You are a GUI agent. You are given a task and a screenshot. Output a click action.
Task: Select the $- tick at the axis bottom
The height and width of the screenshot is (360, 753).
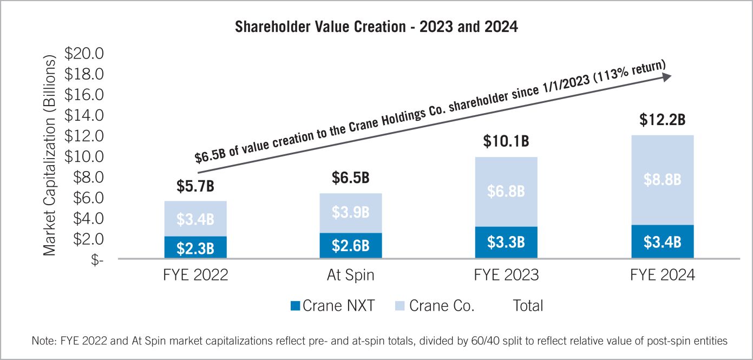[x=97, y=260]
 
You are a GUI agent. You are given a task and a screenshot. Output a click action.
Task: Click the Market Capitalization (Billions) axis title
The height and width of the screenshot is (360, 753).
[x=50, y=156]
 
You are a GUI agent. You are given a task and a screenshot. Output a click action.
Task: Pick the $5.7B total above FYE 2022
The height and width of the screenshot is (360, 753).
[x=195, y=187]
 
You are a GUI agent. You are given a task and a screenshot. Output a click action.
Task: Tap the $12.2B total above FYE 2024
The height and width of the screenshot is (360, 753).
[x=662, y=120]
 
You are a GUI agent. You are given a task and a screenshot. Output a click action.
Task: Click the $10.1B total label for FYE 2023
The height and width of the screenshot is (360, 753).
[x=506, y=142]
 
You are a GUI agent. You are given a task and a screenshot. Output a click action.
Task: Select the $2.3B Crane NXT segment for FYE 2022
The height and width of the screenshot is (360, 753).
[x=195, y=248]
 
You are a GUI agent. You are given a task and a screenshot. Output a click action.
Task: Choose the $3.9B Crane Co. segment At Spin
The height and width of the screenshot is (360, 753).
[x=351, y=213]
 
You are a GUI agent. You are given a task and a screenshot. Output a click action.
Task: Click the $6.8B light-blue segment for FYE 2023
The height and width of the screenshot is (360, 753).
[x=506, y=192]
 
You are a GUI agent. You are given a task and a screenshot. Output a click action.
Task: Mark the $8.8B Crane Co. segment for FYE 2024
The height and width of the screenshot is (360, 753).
[x=662, y=180]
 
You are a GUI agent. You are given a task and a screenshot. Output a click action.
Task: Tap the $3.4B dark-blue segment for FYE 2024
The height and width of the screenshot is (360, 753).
[x=662, y=242]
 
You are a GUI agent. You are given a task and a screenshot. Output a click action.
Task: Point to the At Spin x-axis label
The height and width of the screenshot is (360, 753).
[x=351, y=276]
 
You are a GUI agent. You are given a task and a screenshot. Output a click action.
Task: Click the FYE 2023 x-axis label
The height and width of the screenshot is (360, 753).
[x=506, y=276]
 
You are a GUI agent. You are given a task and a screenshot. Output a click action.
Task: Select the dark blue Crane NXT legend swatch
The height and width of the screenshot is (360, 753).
[x=295, y=306]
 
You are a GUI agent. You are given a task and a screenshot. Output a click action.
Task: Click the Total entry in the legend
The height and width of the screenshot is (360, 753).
[x=528, y=306]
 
